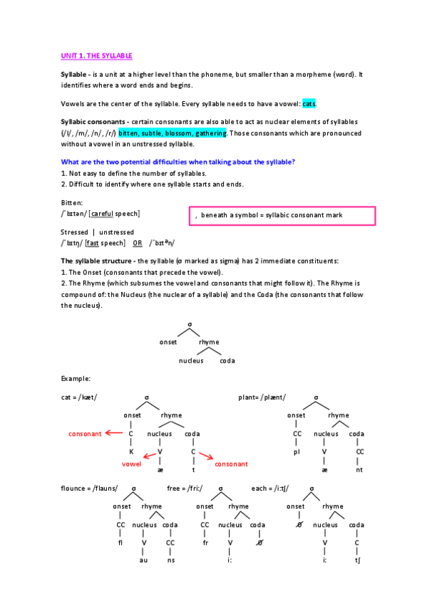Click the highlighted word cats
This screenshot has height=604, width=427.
(x=309, y=104)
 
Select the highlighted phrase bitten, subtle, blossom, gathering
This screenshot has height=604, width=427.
(x=173, y=133)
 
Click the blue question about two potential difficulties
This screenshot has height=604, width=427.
(x=178, y=162)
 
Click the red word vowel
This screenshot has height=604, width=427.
(x=132, y=464)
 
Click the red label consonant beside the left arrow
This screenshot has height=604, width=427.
(x=85, y=433)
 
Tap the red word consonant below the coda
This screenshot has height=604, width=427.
(x=231, y=464)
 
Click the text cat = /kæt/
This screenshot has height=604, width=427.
(x=79, y=397)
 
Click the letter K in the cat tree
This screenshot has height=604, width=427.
(x=131, y=451)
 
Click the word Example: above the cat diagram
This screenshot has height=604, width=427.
(x=76, y=378)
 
